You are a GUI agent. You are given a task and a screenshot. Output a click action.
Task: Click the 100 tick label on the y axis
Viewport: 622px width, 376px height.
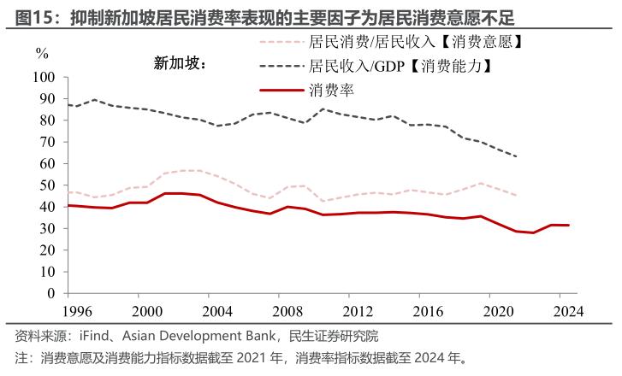pos(44,78)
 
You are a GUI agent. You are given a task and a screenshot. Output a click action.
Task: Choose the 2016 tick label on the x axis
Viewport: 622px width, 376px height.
pos(429,310)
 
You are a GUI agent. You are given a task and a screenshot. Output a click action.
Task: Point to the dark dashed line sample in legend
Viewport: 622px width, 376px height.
pos(280,65)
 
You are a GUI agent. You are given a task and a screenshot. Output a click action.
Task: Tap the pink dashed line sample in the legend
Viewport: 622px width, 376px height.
pos(280,40)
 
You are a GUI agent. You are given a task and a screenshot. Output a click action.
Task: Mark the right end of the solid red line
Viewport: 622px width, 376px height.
pos(569,225)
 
